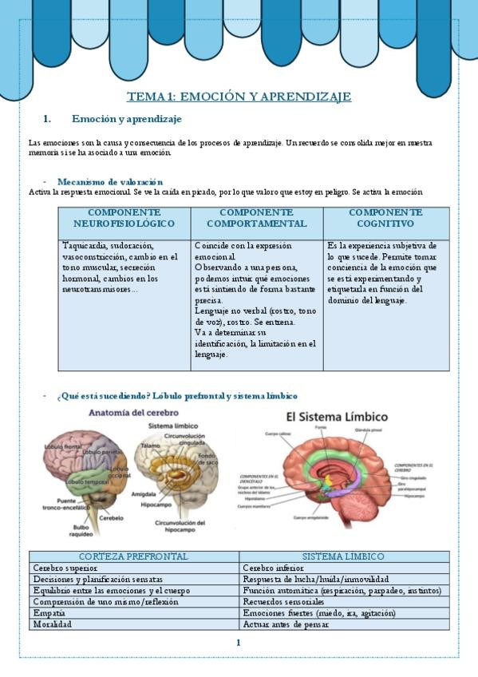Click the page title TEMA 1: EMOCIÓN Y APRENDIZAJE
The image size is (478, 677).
(239, 97)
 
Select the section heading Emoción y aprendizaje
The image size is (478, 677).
(127, 119)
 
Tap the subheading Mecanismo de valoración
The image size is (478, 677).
(110, 182)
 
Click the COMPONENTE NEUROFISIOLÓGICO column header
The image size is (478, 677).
(124, 218)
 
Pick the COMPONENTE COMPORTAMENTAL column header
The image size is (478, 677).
(256, 218)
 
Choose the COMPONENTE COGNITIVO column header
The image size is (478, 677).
(385, 218)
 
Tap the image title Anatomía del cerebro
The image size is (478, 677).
(133, 414)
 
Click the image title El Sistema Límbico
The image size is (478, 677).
(337, 417)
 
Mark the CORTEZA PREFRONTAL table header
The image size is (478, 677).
(134, 556)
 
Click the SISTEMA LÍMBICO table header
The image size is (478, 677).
(343, 556)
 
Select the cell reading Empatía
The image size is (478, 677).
(49, 613)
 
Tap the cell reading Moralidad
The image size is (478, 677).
(52, 624)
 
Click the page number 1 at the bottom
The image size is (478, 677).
(238, 643)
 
